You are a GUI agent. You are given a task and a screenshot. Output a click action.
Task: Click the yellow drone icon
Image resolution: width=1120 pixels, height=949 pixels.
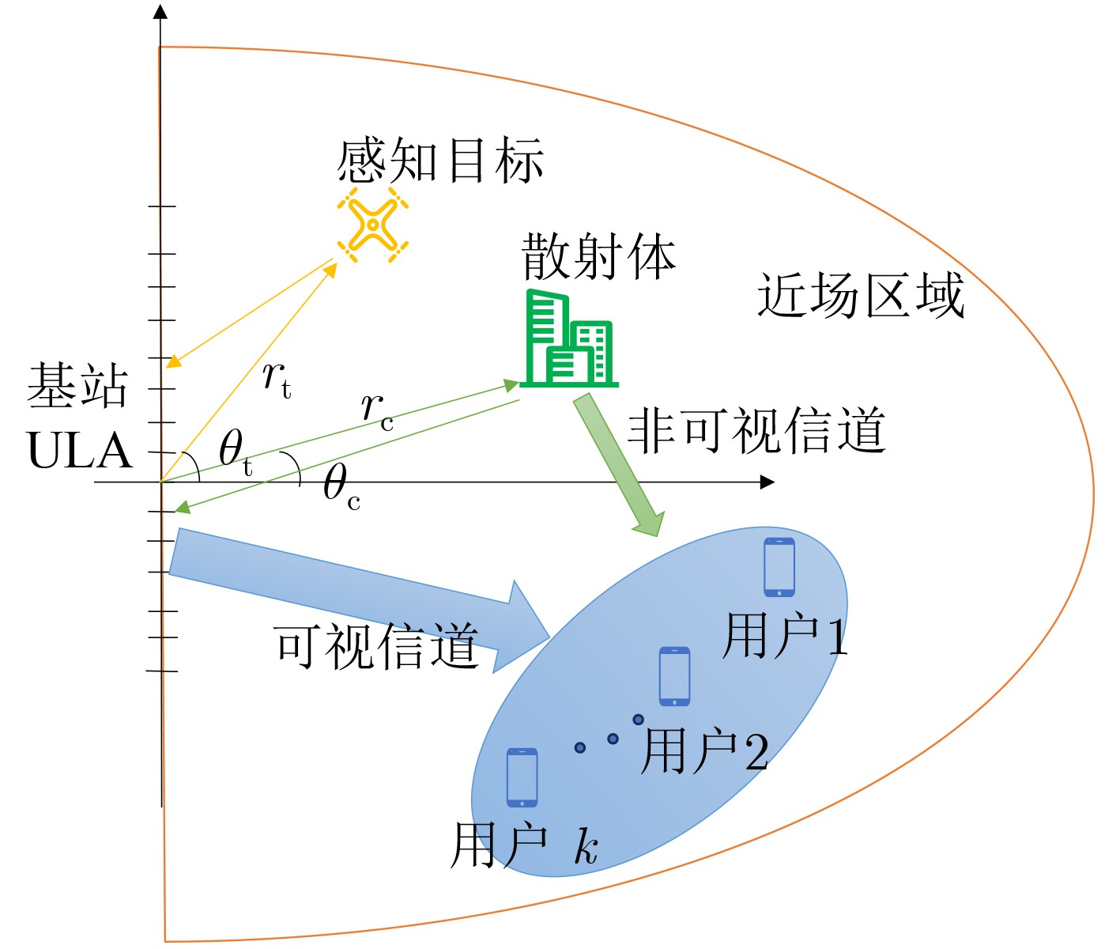coord(373,225)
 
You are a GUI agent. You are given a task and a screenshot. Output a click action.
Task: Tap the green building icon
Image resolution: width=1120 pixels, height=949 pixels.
coord(568,338)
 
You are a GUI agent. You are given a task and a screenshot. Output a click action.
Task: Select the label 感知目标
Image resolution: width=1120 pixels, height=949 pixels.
coord(440,161)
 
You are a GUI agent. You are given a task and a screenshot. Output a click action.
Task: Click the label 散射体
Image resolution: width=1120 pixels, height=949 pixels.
coord(598,257)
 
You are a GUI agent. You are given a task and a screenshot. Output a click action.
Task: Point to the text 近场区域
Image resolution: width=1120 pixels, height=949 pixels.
coord(861,295)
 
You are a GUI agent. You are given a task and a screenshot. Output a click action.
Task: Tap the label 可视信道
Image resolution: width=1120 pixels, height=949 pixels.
coord(377,645)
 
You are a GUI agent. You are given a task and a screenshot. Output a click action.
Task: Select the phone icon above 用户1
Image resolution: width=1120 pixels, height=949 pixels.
coord(779,567)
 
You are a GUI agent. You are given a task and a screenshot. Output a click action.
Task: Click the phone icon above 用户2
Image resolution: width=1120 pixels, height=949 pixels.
coord(674,676)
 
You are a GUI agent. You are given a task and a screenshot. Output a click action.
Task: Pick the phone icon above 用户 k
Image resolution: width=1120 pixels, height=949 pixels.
coord(522,777)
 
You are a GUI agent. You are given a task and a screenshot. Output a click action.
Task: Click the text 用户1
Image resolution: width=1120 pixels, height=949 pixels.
coord(785,636)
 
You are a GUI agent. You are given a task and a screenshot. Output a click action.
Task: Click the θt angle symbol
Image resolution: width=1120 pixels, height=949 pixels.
coord(236,452)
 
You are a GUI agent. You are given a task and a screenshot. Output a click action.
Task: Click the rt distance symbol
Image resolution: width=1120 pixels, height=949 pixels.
coord(277,380)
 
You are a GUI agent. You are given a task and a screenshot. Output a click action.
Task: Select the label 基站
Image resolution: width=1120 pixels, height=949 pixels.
coord(77,386)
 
